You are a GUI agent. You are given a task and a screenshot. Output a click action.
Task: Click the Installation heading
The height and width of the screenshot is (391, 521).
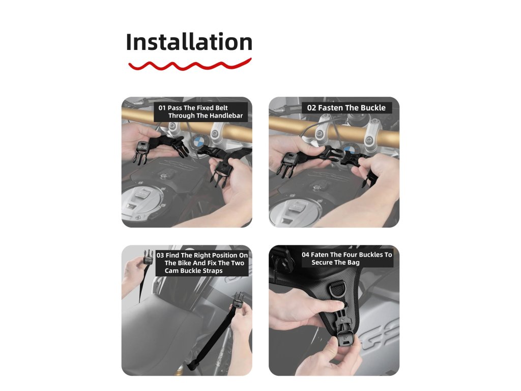[189, 42]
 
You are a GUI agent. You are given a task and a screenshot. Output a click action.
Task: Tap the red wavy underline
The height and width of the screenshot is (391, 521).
[190, 65]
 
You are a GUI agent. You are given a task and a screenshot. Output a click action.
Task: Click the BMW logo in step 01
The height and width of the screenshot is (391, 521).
[198, 143]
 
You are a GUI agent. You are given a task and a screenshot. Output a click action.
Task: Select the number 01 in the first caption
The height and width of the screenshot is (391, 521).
[162, 108]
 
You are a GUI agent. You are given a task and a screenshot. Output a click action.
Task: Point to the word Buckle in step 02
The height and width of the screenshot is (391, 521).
[373, 108]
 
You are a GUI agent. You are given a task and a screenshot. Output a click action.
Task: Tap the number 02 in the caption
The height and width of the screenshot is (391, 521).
[311, 108]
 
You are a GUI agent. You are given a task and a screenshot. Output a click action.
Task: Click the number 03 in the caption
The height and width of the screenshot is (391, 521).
[160, 256]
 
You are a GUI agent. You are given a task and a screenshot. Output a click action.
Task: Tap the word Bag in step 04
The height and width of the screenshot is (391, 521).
[354, 262]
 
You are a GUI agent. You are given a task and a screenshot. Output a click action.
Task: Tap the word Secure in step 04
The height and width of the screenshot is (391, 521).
[322, 262]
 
